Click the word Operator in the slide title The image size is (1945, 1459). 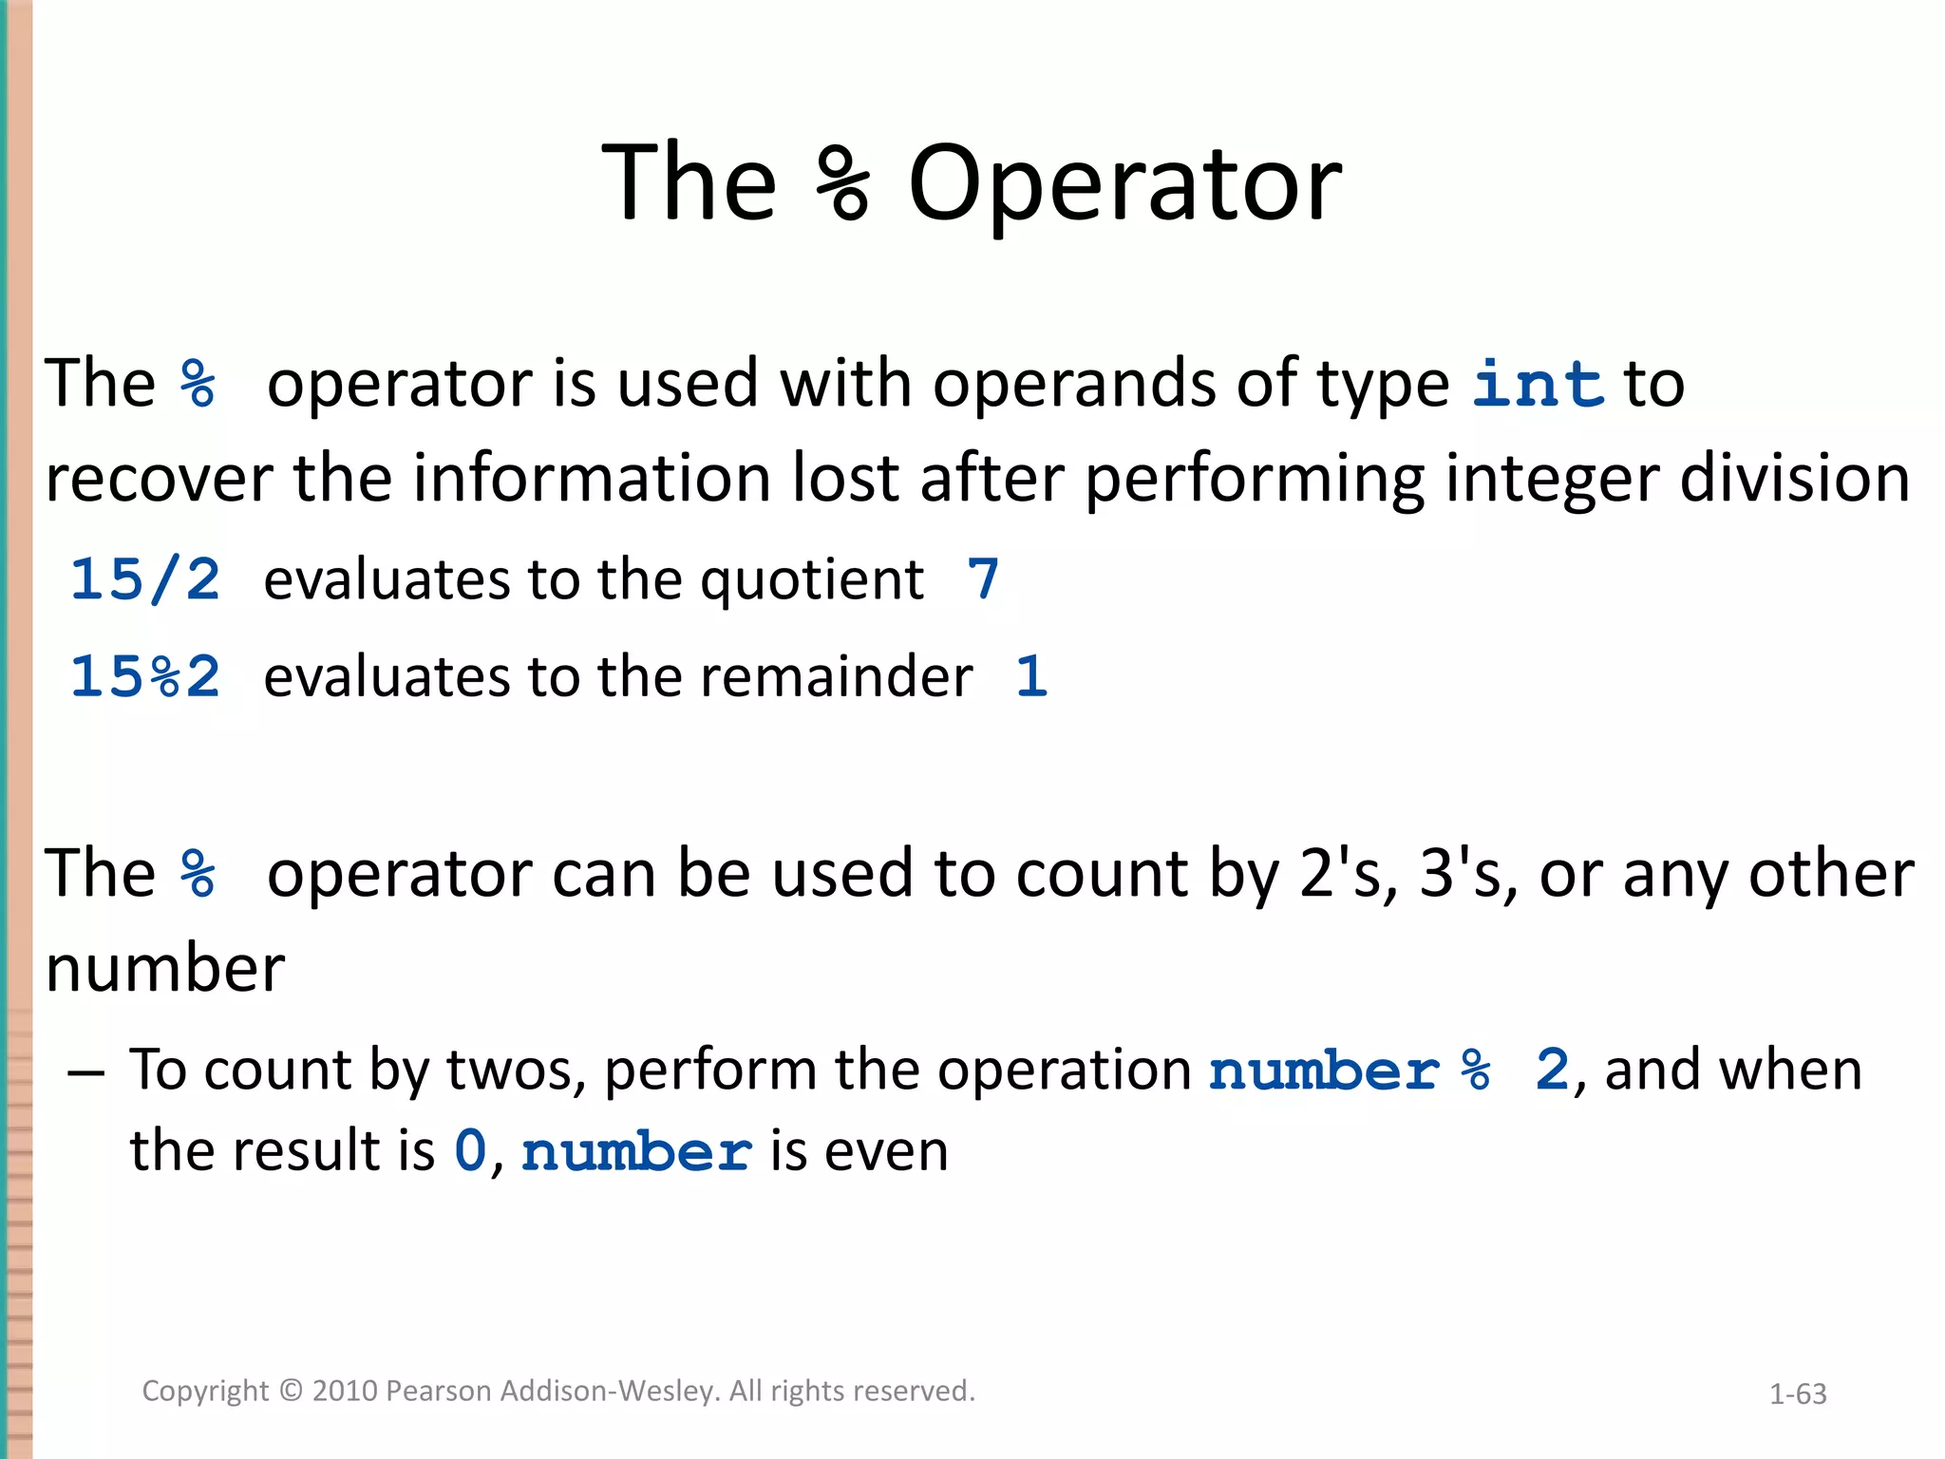click(x=1124, y=182)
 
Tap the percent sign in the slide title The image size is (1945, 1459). click(x=842, y=182)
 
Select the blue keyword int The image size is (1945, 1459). click(x=1538, y=384)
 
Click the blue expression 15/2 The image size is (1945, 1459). click(x=145, y=579)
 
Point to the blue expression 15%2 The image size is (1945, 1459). click(x=145, y=676)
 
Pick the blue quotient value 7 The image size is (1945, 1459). click(x=983, y=579)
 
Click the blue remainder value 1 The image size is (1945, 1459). click(x=1031, y=676)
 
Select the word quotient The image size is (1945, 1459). click(x=811, y=581)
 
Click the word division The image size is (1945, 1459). click(x=1794, y=478)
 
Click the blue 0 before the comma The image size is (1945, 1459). click(x=470, y=1150)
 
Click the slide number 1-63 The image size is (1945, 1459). click(x=1798, y=1393)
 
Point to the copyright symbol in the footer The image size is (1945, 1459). click(x=291, y=1391)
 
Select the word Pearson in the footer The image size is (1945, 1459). click(x=439, y=1391)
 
